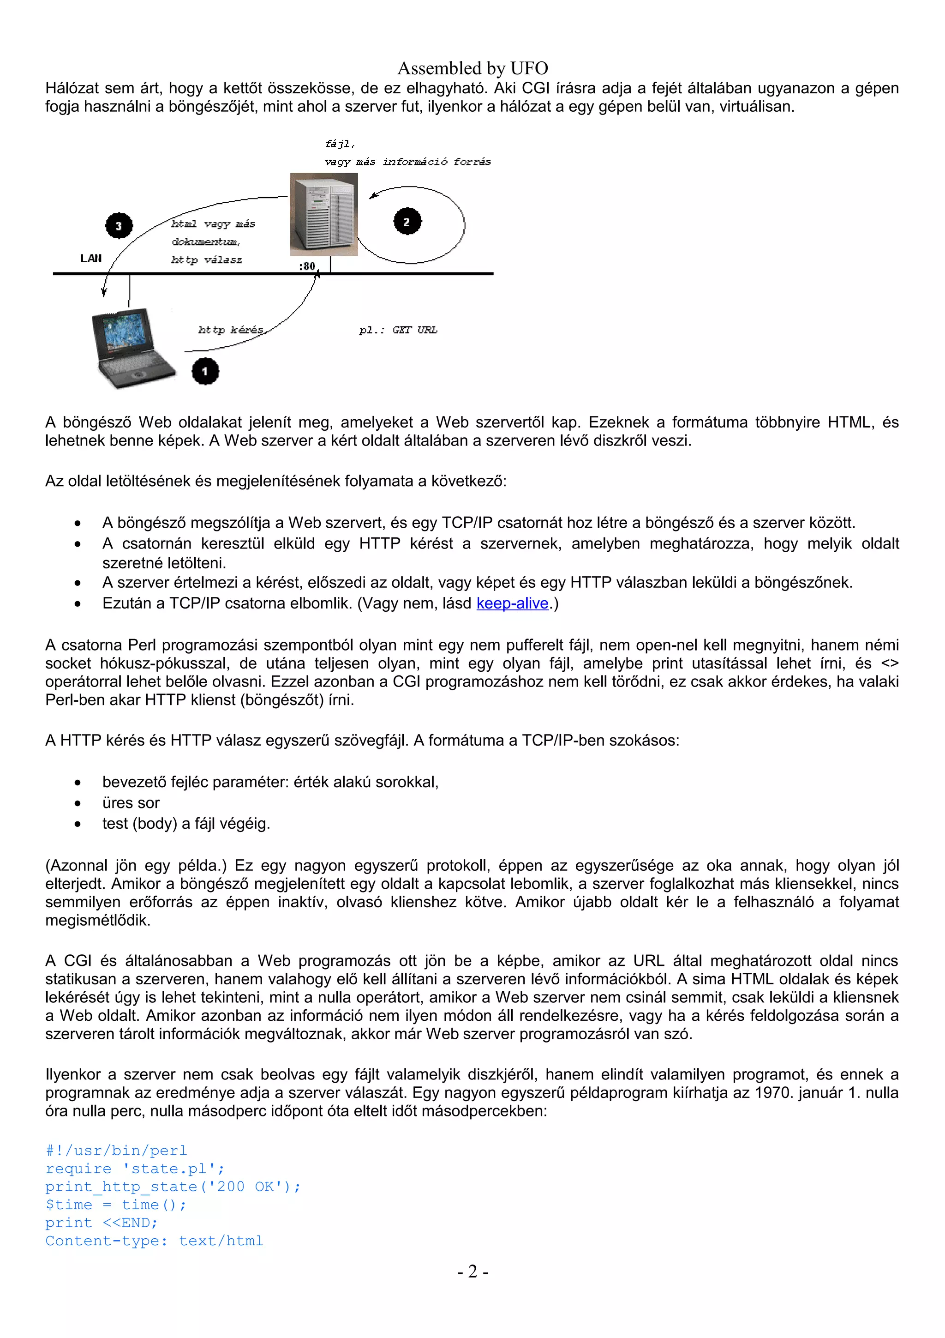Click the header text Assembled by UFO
[x=472, y=68]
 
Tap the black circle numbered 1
[x=205, y=371]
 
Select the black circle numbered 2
[x=407, y=222]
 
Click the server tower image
[x=324, y=214]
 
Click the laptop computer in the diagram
[x=132, y=349]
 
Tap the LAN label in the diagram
[x=91, y=258]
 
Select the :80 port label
[x=307, y=266]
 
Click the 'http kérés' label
[x=231, y=330]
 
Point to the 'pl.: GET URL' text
[x=398, y=330]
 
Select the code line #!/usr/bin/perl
[x=116, y=1151]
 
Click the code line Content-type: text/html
[x=154, y=1241]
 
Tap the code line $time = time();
[x=116, y=1205]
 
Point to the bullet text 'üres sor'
[x=131, y=803]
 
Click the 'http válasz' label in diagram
[x=207, y=260]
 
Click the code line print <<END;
[x=102, y=1223]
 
